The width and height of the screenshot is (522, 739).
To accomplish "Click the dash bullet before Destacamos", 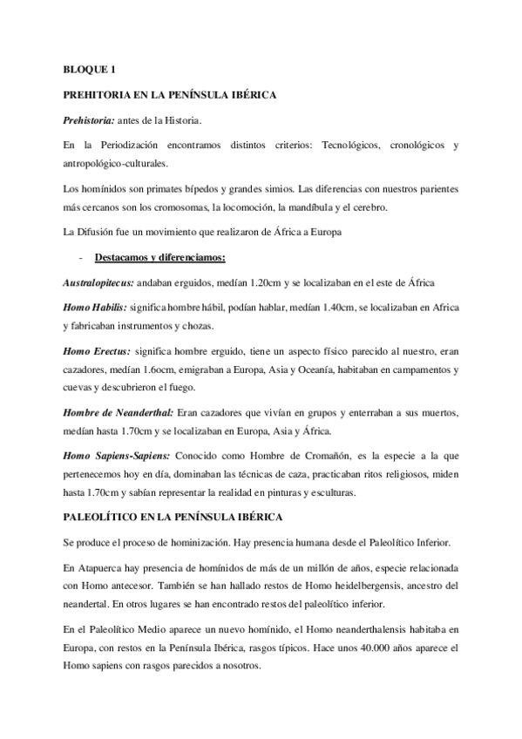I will (81, 257).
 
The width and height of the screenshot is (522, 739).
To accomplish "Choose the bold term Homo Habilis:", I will (96, 308).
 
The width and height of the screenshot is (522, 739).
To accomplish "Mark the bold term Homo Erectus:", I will (97, 350).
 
